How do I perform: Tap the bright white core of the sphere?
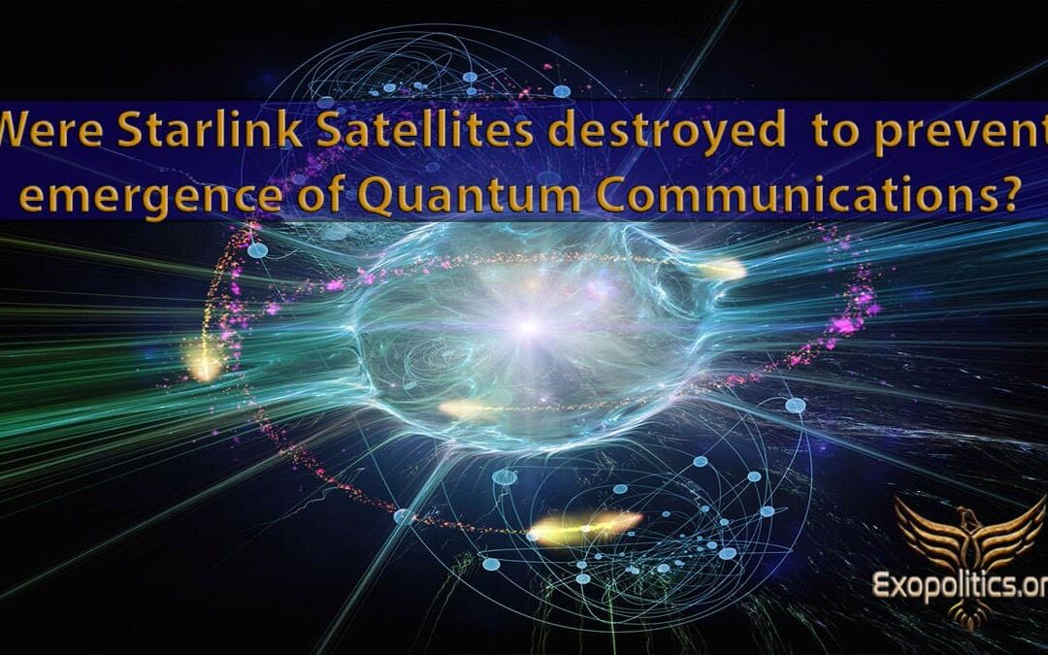click(528, 327)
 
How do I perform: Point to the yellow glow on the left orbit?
click(205, 362)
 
